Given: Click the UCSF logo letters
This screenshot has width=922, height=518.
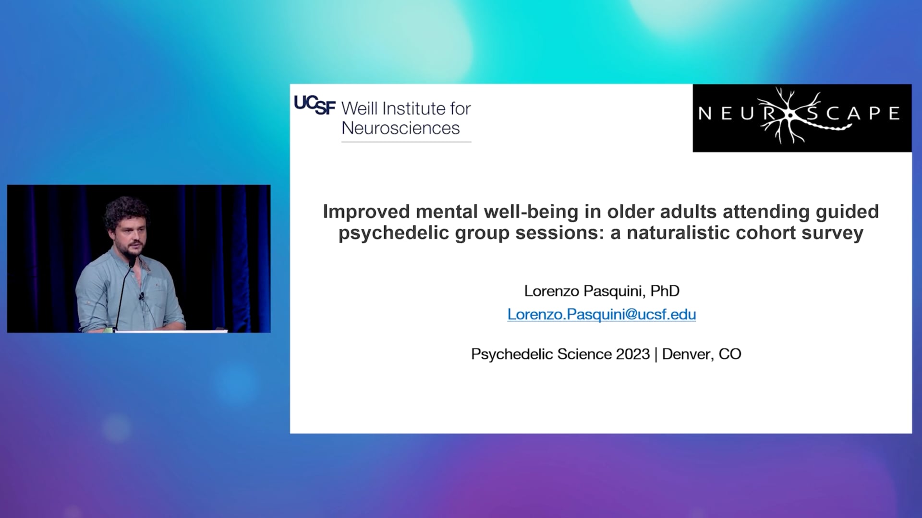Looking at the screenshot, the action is point(315,105).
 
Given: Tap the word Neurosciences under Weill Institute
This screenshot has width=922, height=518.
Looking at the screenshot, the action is point(400,128).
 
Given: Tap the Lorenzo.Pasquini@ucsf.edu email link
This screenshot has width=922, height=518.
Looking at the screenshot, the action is point(602,314).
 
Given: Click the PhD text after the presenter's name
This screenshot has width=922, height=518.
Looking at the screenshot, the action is point(665,291).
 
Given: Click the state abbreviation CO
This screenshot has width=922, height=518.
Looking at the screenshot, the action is point(730,354).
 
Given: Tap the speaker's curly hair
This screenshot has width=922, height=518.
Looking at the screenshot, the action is point(126,211).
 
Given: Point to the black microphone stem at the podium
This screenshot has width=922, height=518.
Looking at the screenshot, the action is point(123,293).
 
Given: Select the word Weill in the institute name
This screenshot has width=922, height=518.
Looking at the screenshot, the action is point(359,108).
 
